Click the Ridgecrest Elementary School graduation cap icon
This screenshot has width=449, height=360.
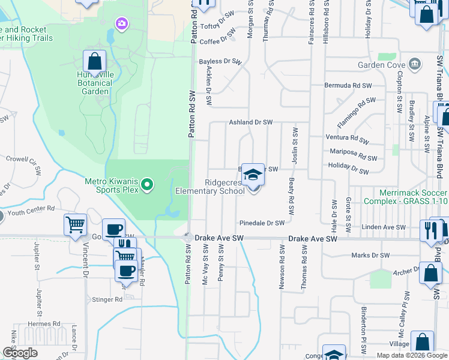[253, 175]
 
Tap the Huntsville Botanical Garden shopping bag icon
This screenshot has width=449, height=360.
[94, 61]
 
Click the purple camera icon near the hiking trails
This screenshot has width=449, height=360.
[122, 23]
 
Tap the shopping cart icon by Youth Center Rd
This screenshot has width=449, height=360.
[75, 225]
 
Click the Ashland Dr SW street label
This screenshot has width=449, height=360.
[251, 122]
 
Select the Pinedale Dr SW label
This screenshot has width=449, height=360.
[262, 223]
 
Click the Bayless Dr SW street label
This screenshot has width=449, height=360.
[220, 61]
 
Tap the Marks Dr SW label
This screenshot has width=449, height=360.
[371, 256]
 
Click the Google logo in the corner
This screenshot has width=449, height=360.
[20, 353]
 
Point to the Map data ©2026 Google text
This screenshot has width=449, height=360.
[411, 355]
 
